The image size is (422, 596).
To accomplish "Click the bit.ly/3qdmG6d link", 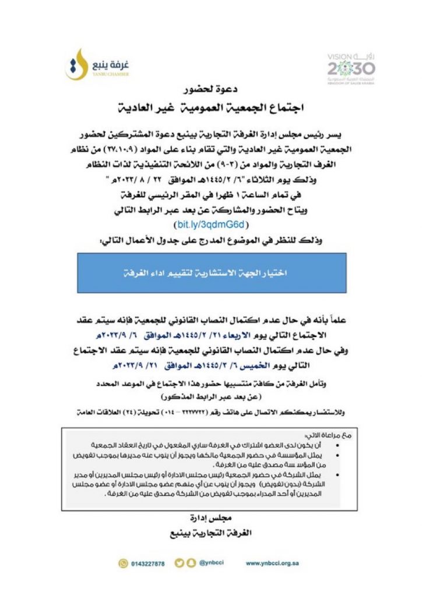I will click(x=212, y=223).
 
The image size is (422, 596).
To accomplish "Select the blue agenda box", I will click(x=212, y=272).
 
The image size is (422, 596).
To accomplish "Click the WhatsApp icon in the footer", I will click(x=122, y=563).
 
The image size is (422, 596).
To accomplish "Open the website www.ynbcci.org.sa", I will click(x=273, y=563).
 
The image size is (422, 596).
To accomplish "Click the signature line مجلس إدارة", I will click(x=212, y=517).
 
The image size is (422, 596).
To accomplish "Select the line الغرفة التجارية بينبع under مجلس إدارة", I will click(x=212, y=533).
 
